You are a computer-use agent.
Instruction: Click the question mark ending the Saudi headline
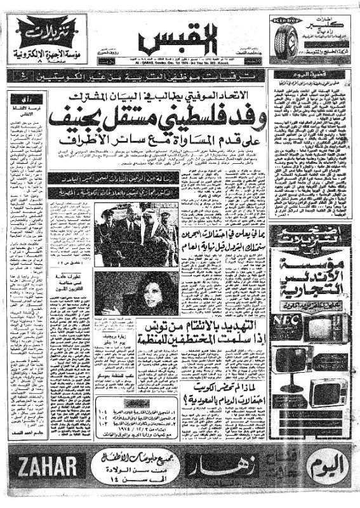point(189,401)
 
